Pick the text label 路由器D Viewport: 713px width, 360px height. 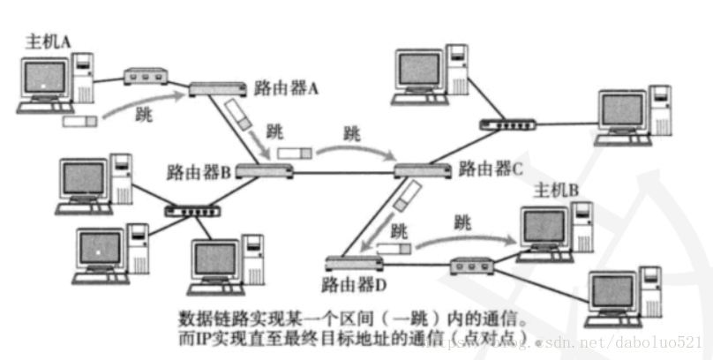pyautogui.click(x=351, y=285)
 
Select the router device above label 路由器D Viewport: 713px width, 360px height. pyautogui.click(x=353, y=262)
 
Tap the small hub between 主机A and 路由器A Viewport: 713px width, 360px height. pyautogui.click(x=144, y=76)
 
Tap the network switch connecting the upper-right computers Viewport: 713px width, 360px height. pyautogui.click(x=509, y=124)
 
